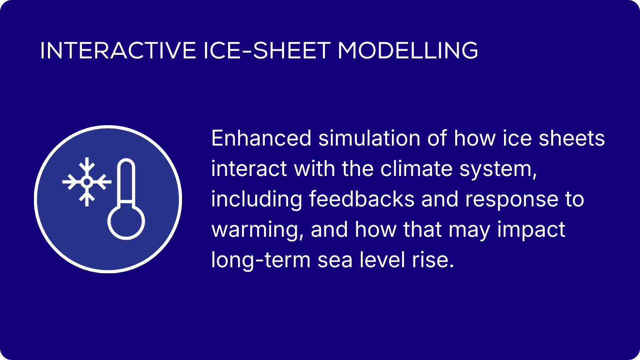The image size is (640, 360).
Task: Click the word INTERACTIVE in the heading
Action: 118,50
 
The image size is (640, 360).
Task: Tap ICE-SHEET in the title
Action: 267,50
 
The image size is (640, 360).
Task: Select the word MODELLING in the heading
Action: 408,50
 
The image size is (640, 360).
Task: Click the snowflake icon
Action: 87,182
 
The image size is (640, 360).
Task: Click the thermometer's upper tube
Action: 126,180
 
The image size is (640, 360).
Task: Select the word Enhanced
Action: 261,138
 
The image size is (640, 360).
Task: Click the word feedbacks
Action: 362,199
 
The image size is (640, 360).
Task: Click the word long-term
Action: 261,261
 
